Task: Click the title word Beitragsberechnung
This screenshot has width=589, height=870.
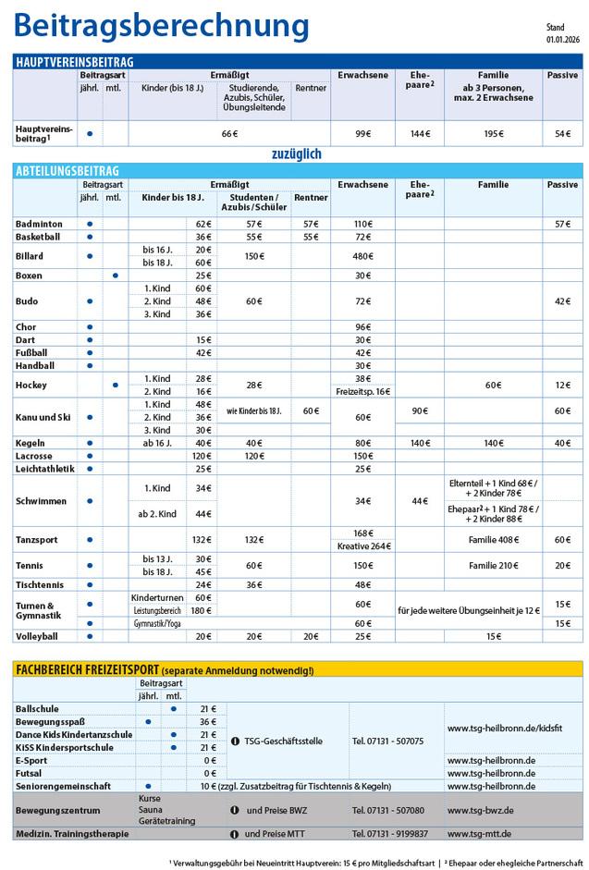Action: (x=163, y=25)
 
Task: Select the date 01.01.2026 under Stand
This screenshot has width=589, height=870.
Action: (x=561, y=39)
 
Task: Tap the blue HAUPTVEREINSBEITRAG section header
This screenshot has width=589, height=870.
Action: (x=75, y=62)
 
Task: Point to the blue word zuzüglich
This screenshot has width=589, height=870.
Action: (x=296, y=153)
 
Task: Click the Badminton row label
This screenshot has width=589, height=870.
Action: (x=39, y=224)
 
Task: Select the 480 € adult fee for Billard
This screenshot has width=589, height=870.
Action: (x=362, y=256)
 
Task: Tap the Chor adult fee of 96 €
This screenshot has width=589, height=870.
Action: (x=362, y=326)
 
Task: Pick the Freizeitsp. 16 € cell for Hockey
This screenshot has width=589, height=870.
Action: (x=362, y=392)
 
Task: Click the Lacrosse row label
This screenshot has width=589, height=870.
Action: (x=35, y=456)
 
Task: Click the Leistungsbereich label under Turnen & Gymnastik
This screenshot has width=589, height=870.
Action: (x=154, y=611)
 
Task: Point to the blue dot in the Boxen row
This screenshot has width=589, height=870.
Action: (x=114, y=276)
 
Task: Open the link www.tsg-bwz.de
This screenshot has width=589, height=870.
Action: (x=480, y=809)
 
